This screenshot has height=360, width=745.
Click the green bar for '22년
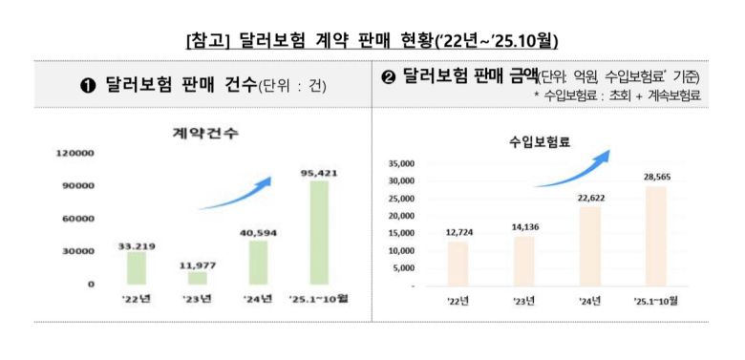(x=138, y=267)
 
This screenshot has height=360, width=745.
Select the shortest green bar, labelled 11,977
(x=198, y=278)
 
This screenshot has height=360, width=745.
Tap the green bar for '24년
(x=258, y=263)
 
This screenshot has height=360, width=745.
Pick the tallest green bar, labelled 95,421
(x=318, y=232)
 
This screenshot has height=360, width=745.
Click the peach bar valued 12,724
(x=458, y=264)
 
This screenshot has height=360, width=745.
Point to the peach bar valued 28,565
(x=655, y=235)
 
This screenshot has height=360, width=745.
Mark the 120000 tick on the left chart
(x=75, y=153)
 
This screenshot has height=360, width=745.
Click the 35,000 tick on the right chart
(x=401, y=163)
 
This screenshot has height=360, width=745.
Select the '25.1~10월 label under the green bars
(x=318, y=299)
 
